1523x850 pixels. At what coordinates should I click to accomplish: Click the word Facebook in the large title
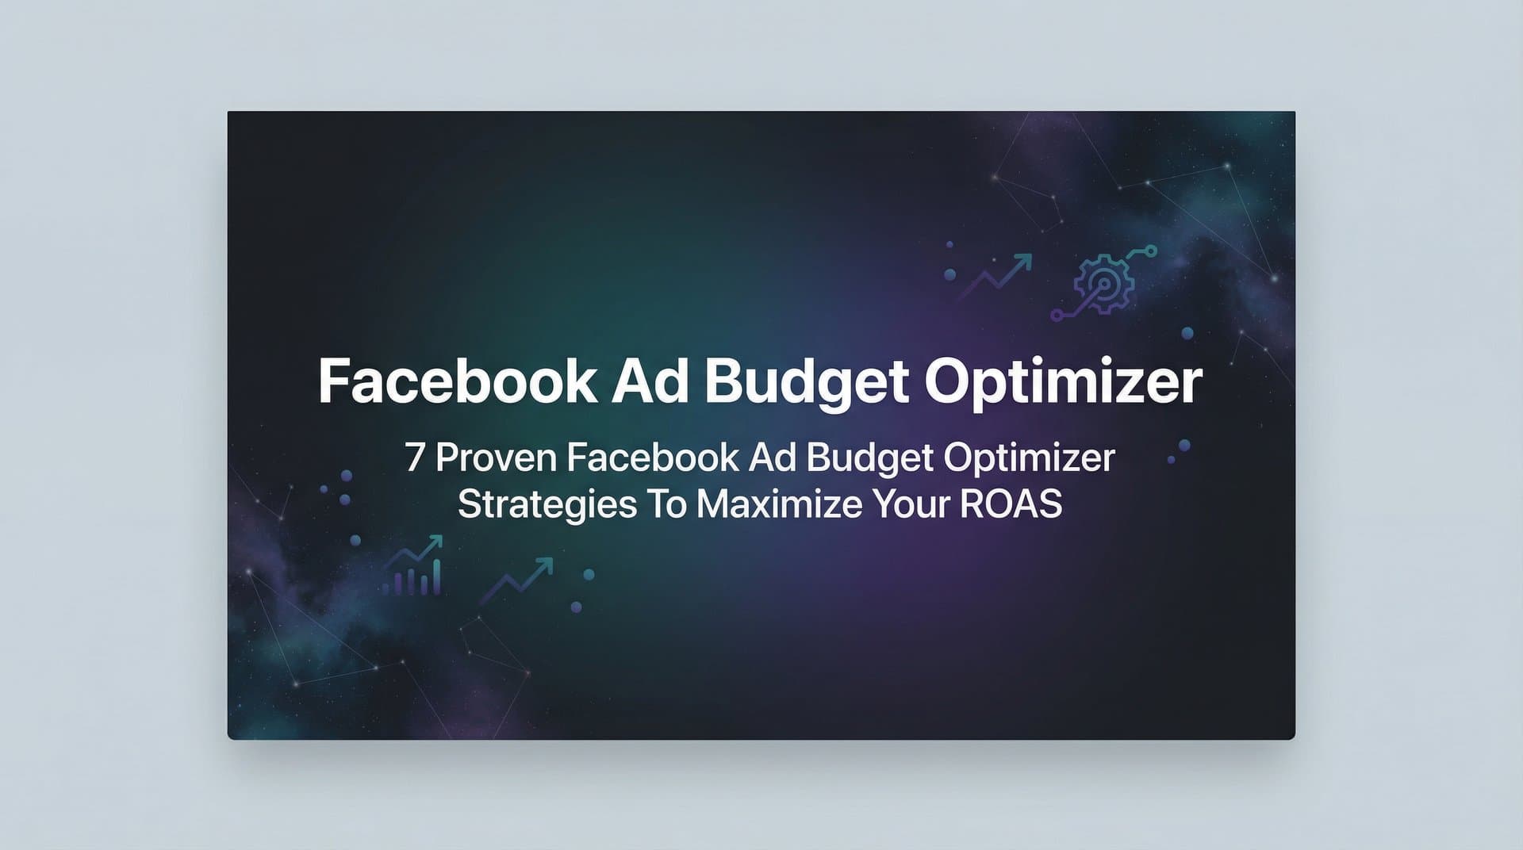[457, 382]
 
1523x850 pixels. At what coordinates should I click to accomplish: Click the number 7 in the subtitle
[414, 458]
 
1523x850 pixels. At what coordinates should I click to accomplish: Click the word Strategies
[547, 505]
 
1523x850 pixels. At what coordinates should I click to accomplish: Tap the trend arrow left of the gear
[997, 274]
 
